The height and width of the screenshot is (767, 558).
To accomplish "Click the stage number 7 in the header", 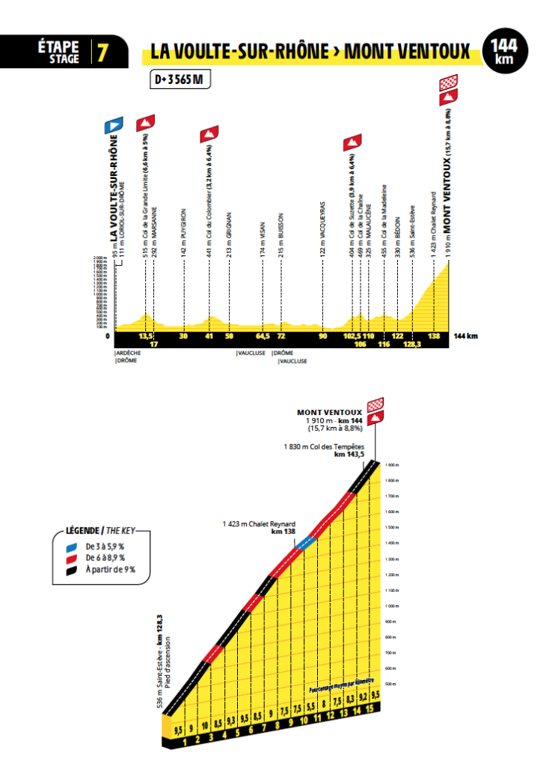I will pos(101,53).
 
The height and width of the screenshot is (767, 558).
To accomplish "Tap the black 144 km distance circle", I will pos(509,52).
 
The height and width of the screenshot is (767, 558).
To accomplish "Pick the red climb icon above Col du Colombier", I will pos(209,135).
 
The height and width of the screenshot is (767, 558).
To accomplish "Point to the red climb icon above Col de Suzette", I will pos(352,141).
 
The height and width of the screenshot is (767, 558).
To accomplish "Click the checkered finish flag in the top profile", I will pos(449,82).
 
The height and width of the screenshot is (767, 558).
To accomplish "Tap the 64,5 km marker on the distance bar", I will pos(263,336).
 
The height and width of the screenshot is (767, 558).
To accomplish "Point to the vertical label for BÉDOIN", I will pos(398,229).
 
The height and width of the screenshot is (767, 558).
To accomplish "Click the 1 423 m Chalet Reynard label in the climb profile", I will pos(260,524).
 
